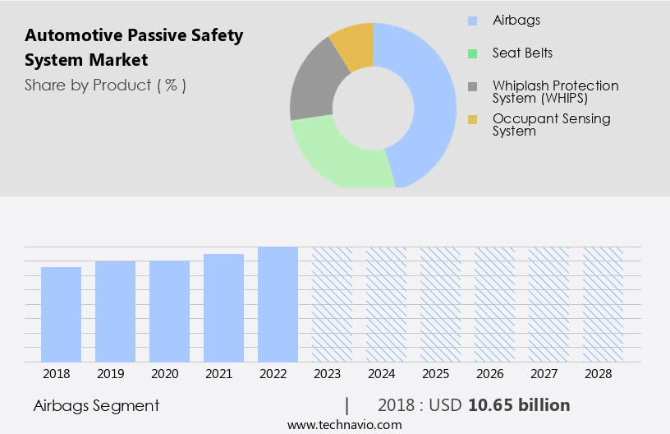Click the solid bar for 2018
click(x=61, y=314)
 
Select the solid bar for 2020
click(x=169, y=311)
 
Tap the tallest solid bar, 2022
click(x=278, y=304)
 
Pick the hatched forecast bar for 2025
click(x=440, y=304)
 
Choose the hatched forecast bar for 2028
click(x=603, y=304)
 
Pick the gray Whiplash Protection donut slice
click(x=312, y=86)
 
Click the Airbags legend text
click(x=516, y=21)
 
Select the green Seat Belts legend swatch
click(x=472, y=53)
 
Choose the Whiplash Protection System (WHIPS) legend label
click(x=555, y=91)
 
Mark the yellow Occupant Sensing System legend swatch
click(x=472, y=120)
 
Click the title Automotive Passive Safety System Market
click(x=133, y=48)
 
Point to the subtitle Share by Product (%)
click(x=105, y=85)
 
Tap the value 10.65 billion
click(x=519, y=405)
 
